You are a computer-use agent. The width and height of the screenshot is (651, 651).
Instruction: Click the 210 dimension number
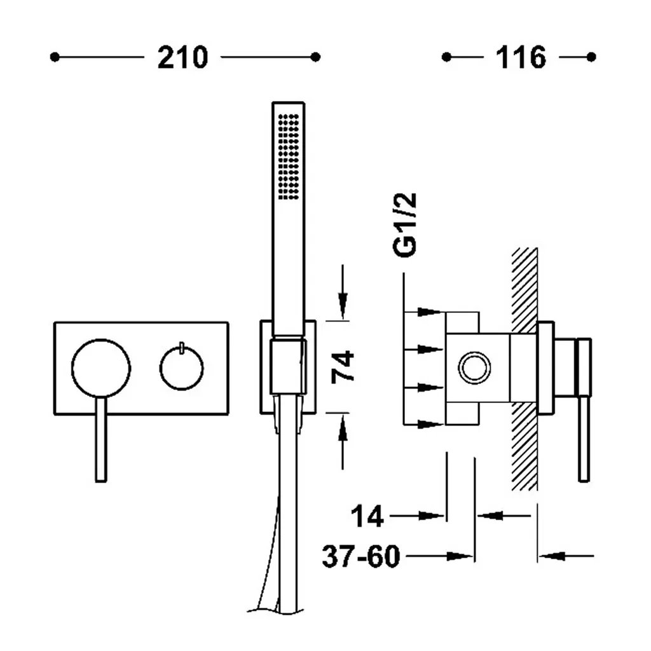click(x=182, y=57)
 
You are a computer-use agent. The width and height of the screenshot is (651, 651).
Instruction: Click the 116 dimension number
click(x=521, y=57)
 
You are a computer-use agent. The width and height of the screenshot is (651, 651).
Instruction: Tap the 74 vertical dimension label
click(x=343, y=366)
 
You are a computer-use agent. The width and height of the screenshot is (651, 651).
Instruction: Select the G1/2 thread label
click(x=404, y=224)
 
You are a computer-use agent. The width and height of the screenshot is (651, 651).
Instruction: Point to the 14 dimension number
click(x=367, y=516)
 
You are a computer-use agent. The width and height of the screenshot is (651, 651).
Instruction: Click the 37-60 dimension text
click(x=361, y=556)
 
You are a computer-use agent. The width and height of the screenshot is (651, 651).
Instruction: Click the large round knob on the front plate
click(x=101, y=368)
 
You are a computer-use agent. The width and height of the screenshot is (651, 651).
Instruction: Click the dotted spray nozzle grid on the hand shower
click(x=289, y=157)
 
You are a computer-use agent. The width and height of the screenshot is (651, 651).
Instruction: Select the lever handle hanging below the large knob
click(x=101, y=439)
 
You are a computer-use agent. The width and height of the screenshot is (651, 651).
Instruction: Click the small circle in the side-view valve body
click(x=474, y=368)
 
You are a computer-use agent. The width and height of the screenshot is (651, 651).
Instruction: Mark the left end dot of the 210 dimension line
click(x=55, y=57)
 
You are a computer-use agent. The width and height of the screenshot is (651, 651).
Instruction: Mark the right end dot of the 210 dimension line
click(x=315, y=57)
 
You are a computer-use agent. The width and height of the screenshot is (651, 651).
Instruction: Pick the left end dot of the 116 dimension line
click(x=446, y=57)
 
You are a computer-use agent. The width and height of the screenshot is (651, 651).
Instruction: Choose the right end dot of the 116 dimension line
click(x=591, y=57)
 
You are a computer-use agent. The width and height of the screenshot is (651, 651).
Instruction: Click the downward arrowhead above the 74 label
click(x=343, y=306)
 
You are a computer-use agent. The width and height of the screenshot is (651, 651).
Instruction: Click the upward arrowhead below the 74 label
click(x=343, y=428)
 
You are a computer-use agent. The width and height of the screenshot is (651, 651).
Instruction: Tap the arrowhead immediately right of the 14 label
click(x=431, y=516)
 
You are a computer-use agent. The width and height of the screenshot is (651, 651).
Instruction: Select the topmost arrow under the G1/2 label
click(x=430, y=312)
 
